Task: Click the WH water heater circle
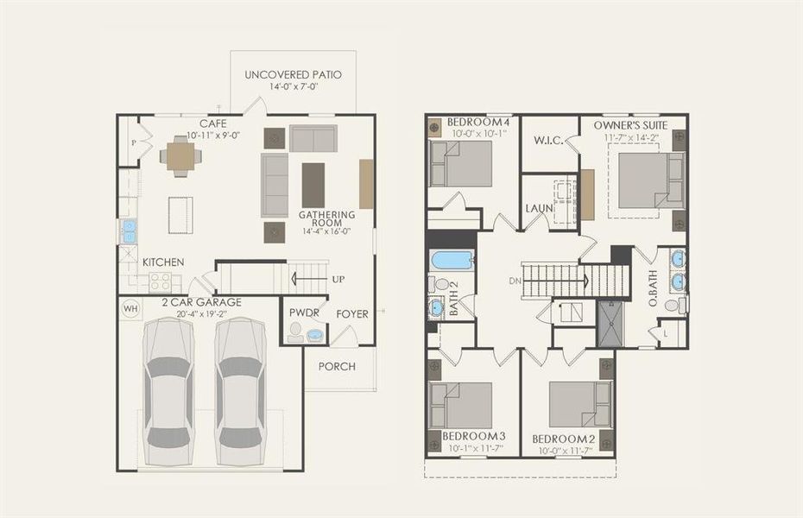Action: [x=130, y=309]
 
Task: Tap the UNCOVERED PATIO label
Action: [x=293, y=75]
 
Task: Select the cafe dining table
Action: [x=180, y=155]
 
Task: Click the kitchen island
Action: [x=180, y=215]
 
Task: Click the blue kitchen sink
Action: [x=129, y=231]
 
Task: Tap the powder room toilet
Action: [x=295, y=332]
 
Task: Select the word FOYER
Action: [x=352, y=313]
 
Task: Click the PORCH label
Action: [x=337, y=367]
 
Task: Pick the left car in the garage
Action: [x=168, y=391]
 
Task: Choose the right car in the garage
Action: [x=240, y=391]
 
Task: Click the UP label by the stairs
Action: [x=338, y=280]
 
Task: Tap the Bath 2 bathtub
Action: [x=451, y=261]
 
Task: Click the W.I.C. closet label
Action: [x=548, y=140]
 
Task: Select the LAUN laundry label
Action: [x=540, y=208]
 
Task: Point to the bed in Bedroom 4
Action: [x=461, y=164]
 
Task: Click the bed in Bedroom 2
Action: [x=581, y=404]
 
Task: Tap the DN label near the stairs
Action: [x=515, y=281]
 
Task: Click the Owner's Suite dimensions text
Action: [x=630, y=137]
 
